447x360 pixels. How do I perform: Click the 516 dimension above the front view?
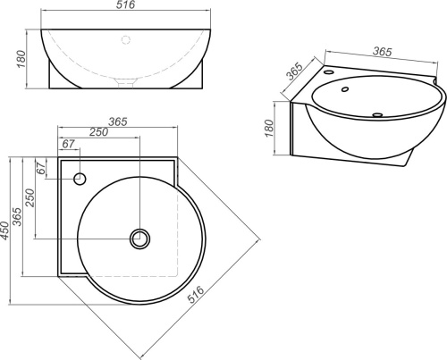(x=125, y=4)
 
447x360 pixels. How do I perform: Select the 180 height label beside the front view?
(x=21, y=59)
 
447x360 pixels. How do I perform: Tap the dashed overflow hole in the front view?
(x=126, y=39)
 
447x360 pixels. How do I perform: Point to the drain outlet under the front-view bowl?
(x=126, y=82)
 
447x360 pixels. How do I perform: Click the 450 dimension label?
(x=5, y=230)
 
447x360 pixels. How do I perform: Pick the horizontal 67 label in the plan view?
(x=68, y=144)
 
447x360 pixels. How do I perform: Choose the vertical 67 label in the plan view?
(x=41, y=168)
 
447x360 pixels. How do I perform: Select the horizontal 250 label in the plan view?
(x=98, y=132)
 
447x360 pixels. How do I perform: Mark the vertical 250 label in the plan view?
(x=30, y=197)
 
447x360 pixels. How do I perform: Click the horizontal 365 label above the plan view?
(x=118, y=121)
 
